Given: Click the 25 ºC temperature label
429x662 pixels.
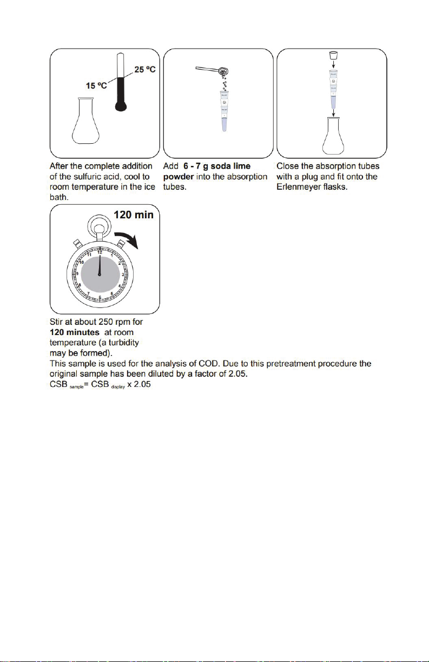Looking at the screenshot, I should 144,71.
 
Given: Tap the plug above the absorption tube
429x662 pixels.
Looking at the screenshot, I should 334,56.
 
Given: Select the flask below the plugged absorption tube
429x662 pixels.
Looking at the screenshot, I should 334,136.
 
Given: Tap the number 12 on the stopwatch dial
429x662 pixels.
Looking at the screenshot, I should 100,252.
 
